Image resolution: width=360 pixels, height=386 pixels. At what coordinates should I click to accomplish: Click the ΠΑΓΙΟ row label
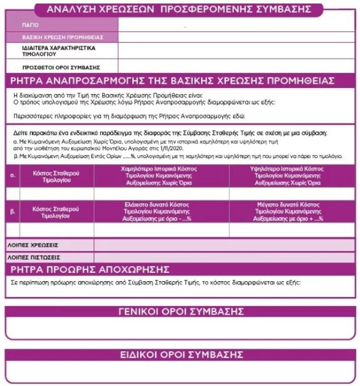[30, 25]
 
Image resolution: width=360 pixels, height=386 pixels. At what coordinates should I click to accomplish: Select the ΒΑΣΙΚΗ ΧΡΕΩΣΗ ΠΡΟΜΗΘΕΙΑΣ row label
[62, 37]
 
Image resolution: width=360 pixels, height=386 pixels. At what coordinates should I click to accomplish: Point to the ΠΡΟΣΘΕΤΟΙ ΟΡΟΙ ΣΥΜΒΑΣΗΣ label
[61, 67]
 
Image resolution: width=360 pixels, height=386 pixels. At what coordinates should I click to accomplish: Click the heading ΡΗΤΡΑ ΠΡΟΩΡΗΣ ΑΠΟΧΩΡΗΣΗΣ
[90, 268]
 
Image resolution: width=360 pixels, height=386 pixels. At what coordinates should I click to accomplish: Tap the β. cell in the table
[13, 212]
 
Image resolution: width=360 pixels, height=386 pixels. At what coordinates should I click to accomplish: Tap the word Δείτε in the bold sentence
[21, 133]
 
